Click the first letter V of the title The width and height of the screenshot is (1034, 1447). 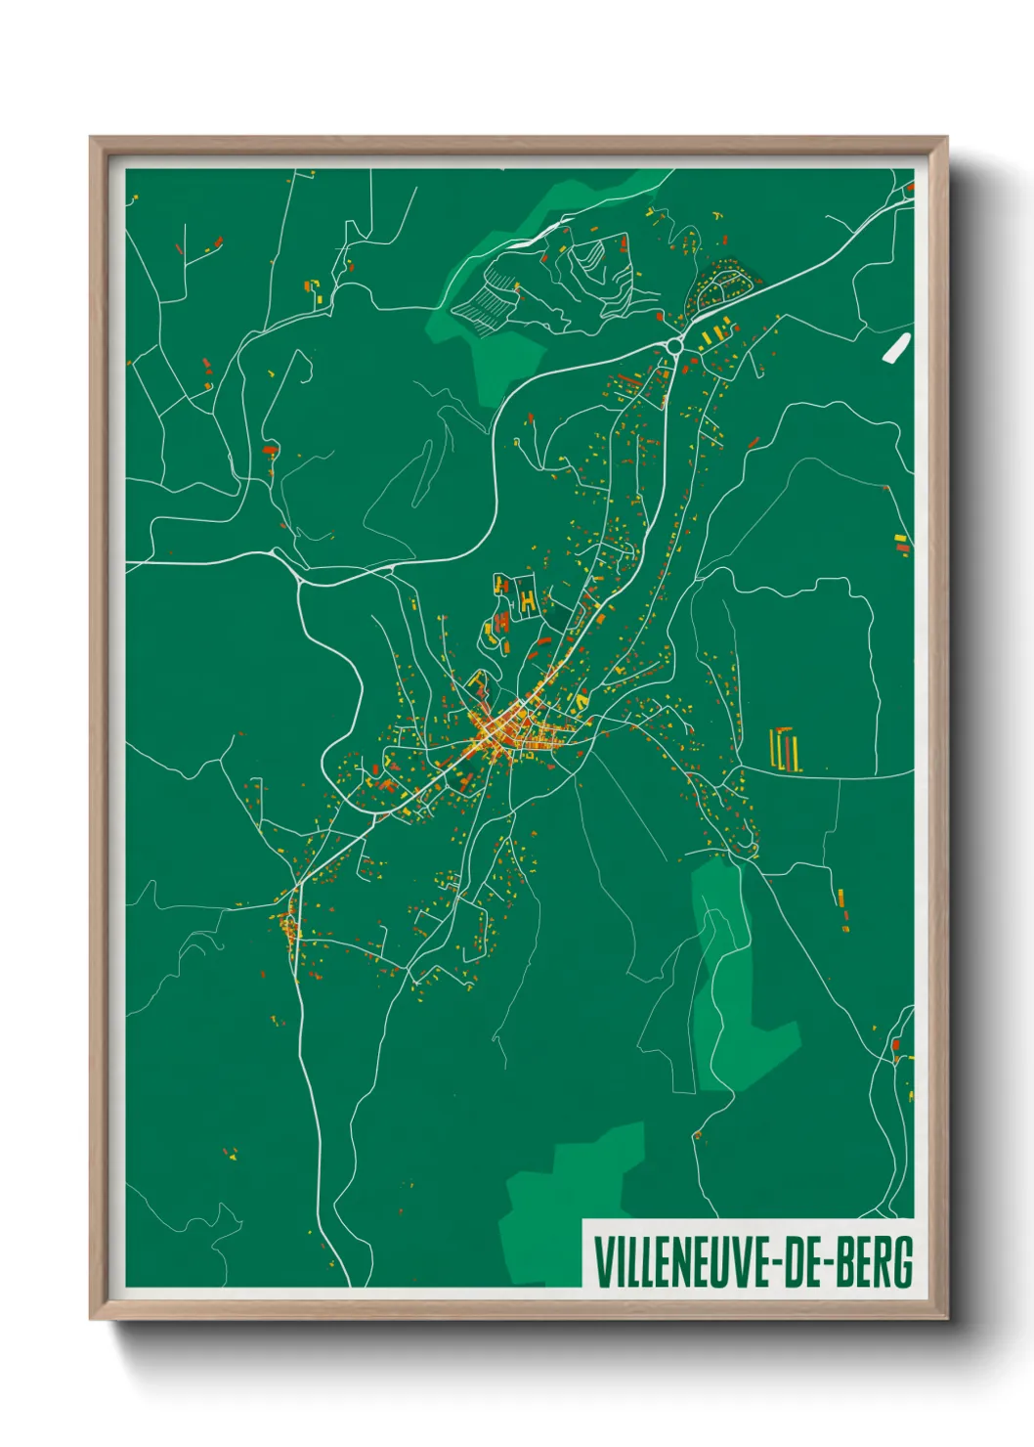[x=601, y=1263]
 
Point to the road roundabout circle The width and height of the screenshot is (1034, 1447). [x=674, y=345]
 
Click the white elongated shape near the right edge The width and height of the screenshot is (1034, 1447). [x=896, y=348]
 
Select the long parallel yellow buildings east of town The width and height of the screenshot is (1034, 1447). [x=787, y=749]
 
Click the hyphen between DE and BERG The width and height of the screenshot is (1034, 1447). [x=829, y=1264]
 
